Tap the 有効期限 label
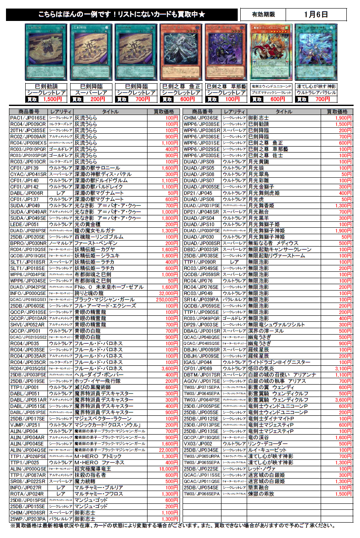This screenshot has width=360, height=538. pos(263,15)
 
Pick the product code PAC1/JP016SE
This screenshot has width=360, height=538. pos(28,118)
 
